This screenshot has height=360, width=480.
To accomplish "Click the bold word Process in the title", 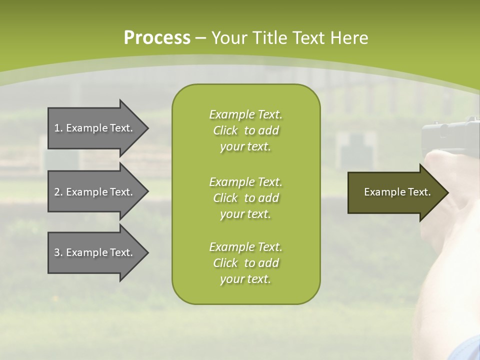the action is point(157,38).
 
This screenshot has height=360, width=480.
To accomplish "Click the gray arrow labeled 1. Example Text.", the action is point(98,128).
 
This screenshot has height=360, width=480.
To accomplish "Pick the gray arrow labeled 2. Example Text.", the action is point(98,191).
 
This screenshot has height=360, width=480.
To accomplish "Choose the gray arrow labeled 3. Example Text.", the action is point(98,253).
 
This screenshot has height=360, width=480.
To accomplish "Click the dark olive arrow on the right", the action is point(398,192).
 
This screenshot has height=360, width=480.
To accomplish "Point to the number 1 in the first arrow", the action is point(57,128).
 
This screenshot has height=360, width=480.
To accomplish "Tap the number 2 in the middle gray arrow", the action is point(57,192).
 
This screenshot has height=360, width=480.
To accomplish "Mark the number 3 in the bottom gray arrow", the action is point(57,252).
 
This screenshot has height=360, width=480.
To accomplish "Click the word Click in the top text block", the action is point(225,130).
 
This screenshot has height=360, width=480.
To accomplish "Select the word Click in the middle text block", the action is point(225,198).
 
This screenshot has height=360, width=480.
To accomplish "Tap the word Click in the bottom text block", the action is point(225,262).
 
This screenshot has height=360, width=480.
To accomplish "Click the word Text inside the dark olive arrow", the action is point(419,192).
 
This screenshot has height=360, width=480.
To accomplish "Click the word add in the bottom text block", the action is point(269,262).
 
